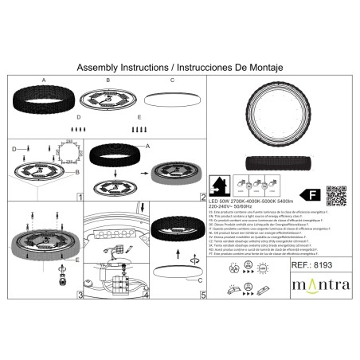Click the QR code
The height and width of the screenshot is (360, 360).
click(337, 194)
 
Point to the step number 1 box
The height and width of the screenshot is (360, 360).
click(80, 196)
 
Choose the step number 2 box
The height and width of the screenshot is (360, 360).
click(203, 196)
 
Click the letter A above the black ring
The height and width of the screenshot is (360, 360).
click(43, 80)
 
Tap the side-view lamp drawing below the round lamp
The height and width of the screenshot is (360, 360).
click(278, 159)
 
